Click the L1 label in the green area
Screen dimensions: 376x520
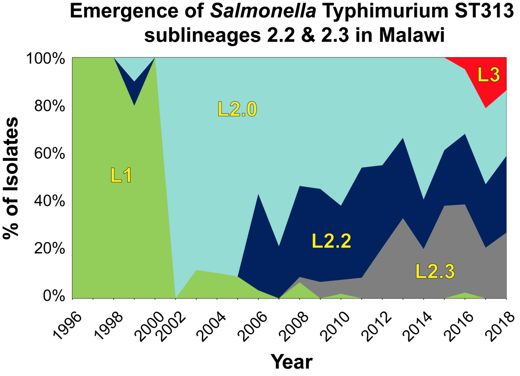coord(121,175)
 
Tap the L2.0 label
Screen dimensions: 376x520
coord(237,109)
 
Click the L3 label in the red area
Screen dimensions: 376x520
coord(489,75)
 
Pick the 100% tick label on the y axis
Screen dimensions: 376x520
coord(45,58)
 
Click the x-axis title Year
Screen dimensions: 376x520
coord(291,361)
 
